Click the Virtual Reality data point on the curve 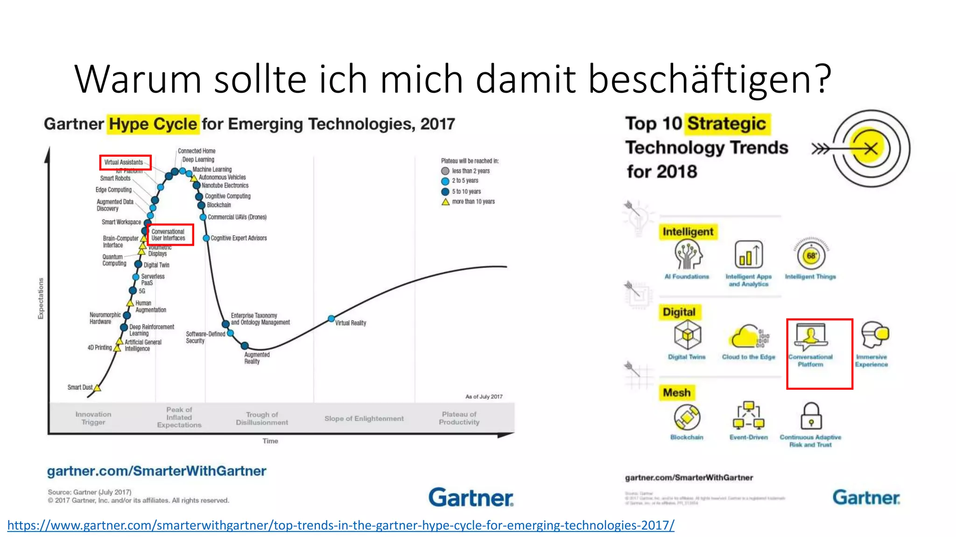(331, 318)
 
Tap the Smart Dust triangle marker (97, 388)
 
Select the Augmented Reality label (256, 358)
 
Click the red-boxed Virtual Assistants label (124, 162)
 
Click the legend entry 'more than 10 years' (473, 202)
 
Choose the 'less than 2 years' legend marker (445, 171)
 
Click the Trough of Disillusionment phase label (262, 419)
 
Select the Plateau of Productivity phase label (459, 418)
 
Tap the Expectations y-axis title (41, 299)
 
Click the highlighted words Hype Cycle (153, 124)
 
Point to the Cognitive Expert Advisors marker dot (206, 238)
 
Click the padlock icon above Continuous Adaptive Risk (811, 416)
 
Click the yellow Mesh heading (676, 392)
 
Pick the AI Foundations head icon (688, 255)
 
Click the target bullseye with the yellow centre (870, 149)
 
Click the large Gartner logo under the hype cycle (471, 497)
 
